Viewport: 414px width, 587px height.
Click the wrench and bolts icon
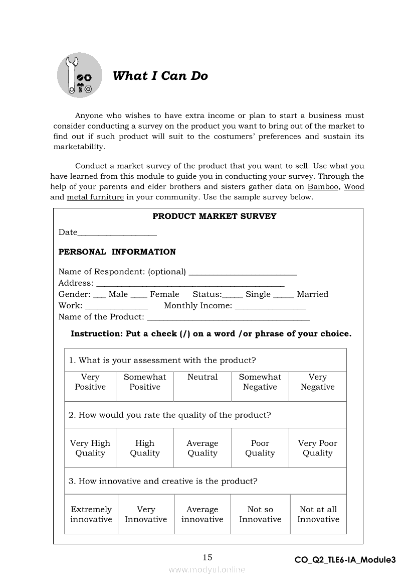click(79, 75)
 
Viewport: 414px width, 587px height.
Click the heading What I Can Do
click(160, 76)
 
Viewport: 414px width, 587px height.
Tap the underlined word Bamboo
click(323, 187)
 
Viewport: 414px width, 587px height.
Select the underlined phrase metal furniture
click(95, 197)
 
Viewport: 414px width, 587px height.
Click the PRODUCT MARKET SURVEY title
click(214, 216)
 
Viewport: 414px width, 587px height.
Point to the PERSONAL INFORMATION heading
click(117, 252)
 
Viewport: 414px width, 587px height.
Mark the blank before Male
click(100, 297)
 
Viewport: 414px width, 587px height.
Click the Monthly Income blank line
click(270, 308)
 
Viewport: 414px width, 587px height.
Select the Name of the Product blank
click(229, 319)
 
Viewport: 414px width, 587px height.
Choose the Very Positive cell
click(90, 386)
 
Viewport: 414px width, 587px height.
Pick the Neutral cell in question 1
click(202, 386)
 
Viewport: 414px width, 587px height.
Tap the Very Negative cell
click(317, 386)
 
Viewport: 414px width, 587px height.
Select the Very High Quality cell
click(90, 448)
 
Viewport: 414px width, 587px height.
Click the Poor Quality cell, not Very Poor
click(260, 448)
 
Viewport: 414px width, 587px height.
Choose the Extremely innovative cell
click(91, 514)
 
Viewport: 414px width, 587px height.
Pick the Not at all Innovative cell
click(318, 514)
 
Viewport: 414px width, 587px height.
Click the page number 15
click(208, 557)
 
